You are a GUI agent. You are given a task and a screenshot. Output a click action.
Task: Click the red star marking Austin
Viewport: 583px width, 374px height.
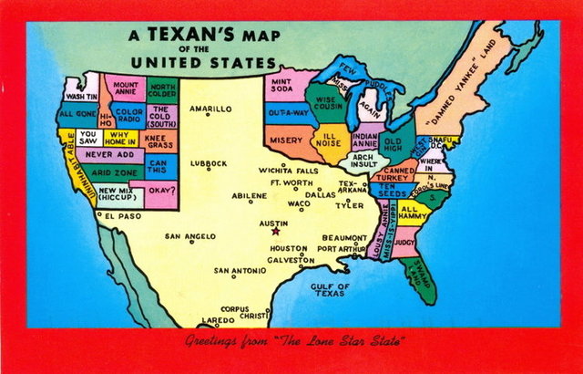(x=276, y=231)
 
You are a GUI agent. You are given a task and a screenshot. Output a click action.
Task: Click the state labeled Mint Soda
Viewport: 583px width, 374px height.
(x=281, y=86)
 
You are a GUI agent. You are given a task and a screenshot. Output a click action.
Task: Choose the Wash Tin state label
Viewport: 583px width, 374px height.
(x=81, y=97)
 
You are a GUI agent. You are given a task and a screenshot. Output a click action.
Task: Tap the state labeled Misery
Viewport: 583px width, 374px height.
(x=286, y=140)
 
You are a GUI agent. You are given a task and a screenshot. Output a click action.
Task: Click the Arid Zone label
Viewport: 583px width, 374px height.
(x=115, y=171)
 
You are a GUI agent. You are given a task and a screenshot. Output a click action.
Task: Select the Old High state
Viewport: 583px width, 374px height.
(x=393, y=144)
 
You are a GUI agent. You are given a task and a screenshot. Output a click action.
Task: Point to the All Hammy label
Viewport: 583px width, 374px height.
(x=414, y=213)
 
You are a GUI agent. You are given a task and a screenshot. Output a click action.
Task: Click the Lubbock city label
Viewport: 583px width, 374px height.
(x=209, y=163)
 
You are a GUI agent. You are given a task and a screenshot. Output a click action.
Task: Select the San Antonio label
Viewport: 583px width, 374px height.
(x=240, y=271)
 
